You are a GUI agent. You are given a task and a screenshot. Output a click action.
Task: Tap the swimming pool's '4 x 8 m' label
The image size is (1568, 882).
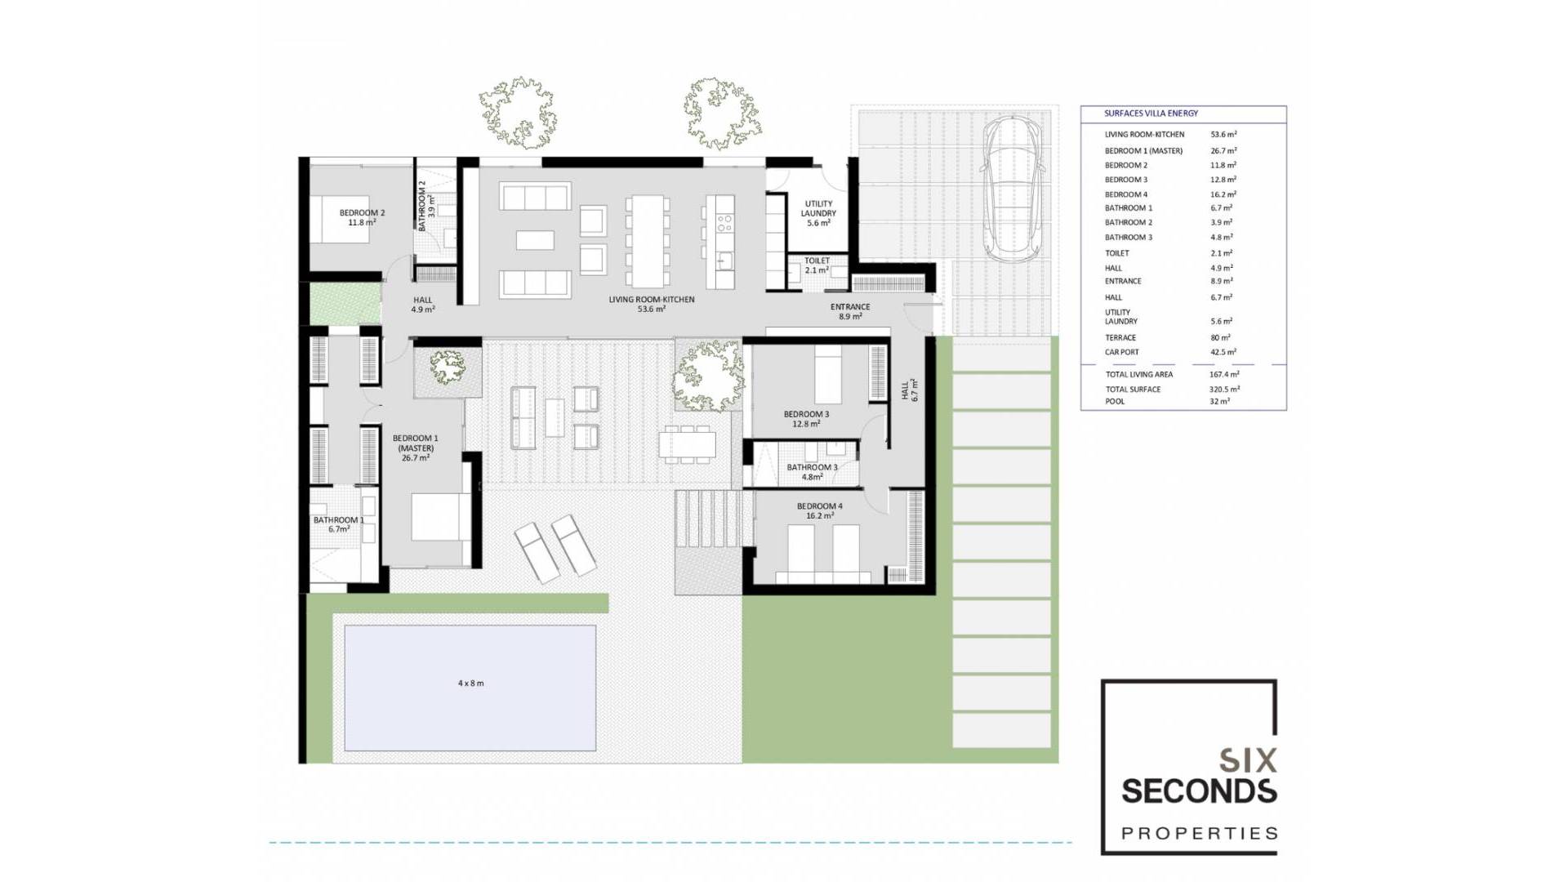coord(470,684)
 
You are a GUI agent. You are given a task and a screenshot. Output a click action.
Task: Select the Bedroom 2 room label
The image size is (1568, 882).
coord(362,217)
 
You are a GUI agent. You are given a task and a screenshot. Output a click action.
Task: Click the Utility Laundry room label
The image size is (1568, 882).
coord(818,213)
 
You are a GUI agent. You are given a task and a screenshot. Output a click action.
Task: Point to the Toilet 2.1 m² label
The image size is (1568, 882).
coord(817,265)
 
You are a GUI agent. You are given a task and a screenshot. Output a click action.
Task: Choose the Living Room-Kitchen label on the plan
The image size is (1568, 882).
coord(651,304)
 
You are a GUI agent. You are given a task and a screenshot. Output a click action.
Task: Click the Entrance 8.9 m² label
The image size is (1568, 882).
coord(849,311)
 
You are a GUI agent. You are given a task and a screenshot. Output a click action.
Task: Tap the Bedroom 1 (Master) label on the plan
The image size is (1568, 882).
coord(415,448)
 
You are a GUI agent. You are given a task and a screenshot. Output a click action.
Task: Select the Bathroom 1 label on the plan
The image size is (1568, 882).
coord(338,524)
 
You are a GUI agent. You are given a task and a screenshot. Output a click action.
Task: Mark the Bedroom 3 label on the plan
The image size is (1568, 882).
coord(806,419)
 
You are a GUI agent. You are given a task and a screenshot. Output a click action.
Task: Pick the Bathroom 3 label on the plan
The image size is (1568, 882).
coord(812,472)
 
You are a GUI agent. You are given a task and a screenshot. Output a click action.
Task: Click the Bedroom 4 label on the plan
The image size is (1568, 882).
coord(819,510)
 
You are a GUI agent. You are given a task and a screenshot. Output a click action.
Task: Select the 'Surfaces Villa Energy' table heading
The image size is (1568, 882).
coord(1151,114)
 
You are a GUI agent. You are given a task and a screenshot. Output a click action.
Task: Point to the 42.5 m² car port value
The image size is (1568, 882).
coord(1223,353)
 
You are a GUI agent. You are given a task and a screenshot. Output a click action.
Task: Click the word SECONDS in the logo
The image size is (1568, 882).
coord(1198,791)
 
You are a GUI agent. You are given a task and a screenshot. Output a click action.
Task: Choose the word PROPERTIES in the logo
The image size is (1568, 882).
coord(1199,834)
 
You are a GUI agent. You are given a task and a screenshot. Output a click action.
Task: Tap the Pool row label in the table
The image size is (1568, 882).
coord(1115,402)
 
